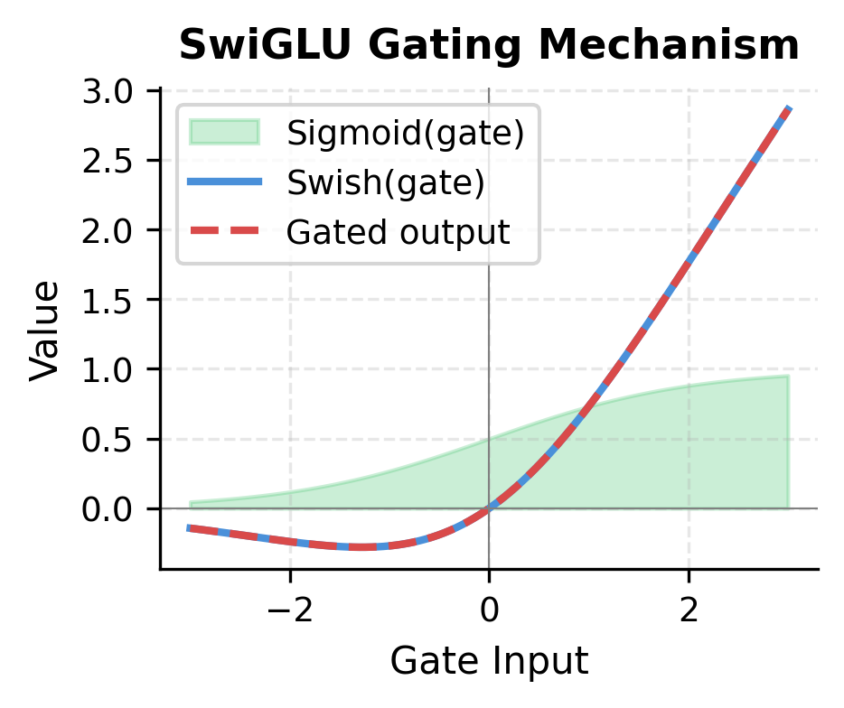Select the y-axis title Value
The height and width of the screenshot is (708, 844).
tap(46, 330)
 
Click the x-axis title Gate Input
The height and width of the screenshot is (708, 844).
tap(489, 662)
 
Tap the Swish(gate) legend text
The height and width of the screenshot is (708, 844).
tap(386, 182)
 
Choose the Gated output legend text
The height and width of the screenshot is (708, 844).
tap(399, 232)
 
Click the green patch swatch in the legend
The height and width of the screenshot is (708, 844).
tap(224, 133)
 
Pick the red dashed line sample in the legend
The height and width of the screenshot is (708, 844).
tap(224, 232)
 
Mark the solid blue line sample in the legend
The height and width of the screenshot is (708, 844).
tap(224, 182)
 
